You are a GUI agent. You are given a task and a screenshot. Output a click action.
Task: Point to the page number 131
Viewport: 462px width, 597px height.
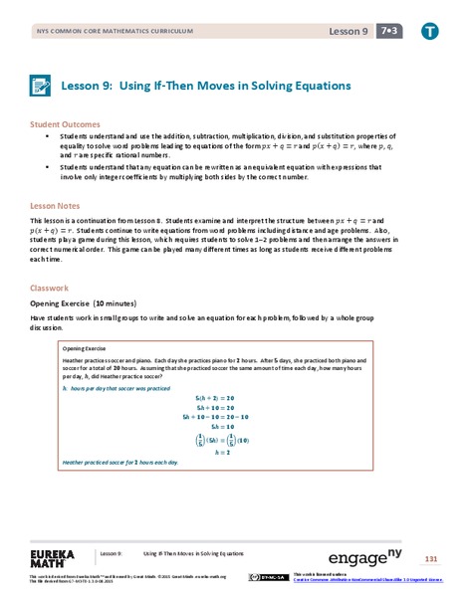431,556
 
